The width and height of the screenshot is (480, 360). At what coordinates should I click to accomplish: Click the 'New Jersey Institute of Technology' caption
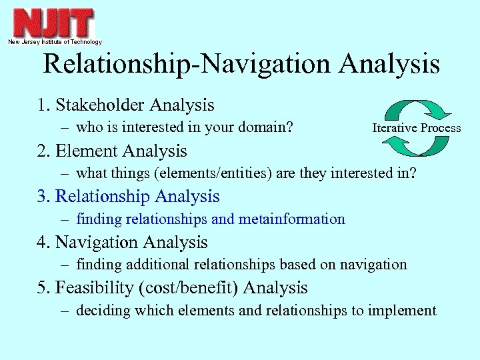tap(55, 42)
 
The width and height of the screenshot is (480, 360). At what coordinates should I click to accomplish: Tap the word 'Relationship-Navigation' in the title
tap(187, 65)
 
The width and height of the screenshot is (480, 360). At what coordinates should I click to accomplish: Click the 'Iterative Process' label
tap(416, 128)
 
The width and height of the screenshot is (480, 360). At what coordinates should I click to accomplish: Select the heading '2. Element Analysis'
tap(112, 151)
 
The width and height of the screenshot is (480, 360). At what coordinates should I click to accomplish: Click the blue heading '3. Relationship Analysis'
tap(128, 197)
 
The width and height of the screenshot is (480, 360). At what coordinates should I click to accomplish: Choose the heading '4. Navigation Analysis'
tap(122, 243)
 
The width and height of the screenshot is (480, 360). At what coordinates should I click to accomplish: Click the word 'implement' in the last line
tap(405, 310)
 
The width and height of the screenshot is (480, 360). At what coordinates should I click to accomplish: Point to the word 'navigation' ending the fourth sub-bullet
tap(373, 265)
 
